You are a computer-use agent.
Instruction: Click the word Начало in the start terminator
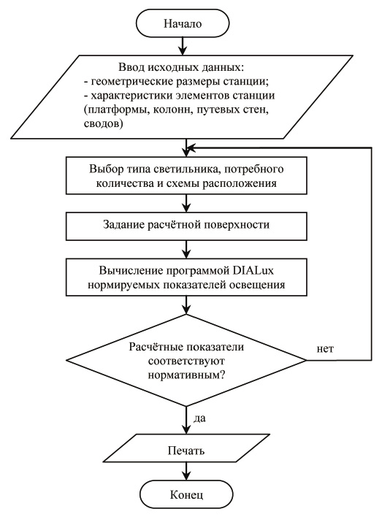tap(183, 24)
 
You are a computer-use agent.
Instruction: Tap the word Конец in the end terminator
tap(186, 494)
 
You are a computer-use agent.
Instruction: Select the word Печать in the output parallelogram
tap(186, 451)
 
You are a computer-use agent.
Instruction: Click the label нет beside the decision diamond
tap(326, 349)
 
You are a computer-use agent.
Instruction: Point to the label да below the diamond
tap(199, 418)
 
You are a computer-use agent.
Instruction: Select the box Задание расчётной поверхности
tap(186, 226)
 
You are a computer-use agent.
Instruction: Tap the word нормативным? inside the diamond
tap(186, 375)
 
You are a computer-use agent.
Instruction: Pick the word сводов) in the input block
tap(103, 123)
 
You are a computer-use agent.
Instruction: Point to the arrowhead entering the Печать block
tap(186, 429)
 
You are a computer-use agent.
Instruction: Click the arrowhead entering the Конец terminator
tap(186, 475)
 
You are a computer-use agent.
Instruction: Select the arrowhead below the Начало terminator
tap(183, 50)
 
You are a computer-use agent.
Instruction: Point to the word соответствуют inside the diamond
tap(186, 361)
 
